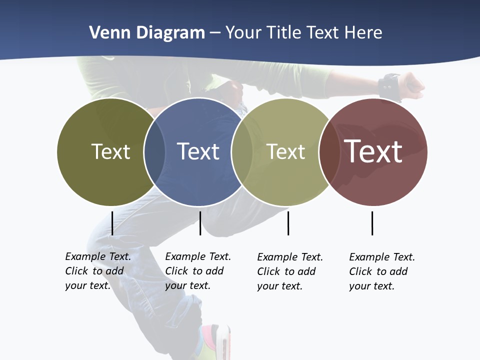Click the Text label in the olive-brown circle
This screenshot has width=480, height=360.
click(x=110, y=151)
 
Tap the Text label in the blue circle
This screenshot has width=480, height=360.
click(x=198, y=151)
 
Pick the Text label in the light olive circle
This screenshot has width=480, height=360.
click(x=285, y=151)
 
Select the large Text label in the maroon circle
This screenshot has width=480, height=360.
click(x=373, y=151)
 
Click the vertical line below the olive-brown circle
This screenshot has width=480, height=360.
click(x=112, y=223)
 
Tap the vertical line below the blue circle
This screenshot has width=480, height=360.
click(x=200, y=223)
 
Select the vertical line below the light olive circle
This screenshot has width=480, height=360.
click(x=288, y=223)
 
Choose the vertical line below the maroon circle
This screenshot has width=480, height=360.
click(x=372, y=223)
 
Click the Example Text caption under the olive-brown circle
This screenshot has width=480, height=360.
click(x=97, y=271)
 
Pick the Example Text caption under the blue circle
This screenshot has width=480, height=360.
click(x=197, y=271)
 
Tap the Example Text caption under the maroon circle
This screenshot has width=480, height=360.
click(x=381, y=271)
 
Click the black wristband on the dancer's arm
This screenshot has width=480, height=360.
click(x=389, y=86)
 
